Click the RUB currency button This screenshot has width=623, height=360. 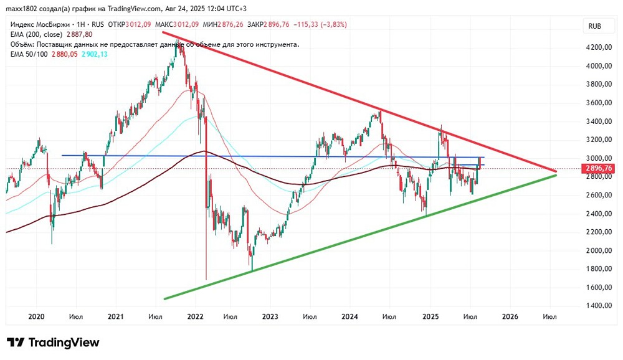595,26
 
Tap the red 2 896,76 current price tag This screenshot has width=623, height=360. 597,168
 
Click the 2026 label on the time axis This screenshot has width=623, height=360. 509,317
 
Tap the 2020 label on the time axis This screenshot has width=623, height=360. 37,317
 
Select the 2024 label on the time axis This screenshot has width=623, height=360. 350,317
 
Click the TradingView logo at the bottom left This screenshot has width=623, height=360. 53,343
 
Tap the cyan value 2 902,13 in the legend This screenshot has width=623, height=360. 95,54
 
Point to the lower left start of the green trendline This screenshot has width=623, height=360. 164,299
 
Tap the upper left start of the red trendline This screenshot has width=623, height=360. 162,32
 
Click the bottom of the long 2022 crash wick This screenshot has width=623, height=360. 206,279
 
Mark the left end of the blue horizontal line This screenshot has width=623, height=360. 62,155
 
